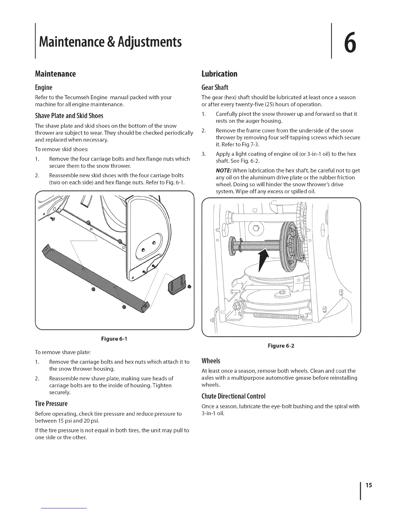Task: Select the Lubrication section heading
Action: click(x=219, y=74)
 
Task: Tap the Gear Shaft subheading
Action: click(x=215, y=87)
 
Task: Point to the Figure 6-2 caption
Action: click(x=281, y=346)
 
